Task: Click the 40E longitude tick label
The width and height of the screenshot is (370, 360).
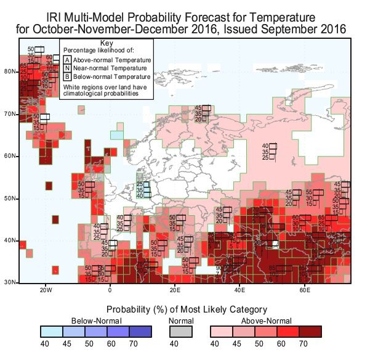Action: pos(240,289)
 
